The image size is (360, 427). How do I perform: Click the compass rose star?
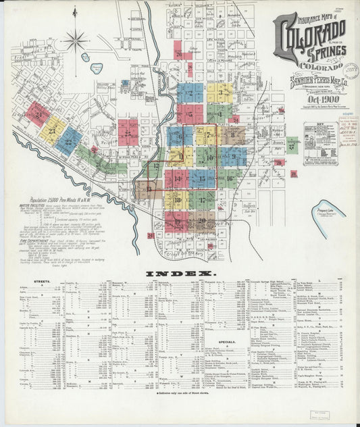76,41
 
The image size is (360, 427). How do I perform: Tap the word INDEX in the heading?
180,274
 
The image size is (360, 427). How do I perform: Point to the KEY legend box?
321,141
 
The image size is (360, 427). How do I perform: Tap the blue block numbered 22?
68,141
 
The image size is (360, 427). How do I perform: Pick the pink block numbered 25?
128,132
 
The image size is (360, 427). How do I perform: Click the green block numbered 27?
292,145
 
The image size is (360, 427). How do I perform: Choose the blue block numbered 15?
202,178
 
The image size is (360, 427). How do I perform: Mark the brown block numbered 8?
232,135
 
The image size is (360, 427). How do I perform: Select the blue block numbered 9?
234,157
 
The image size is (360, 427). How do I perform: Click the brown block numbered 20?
201,220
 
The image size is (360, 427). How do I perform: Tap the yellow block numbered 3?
220,93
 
